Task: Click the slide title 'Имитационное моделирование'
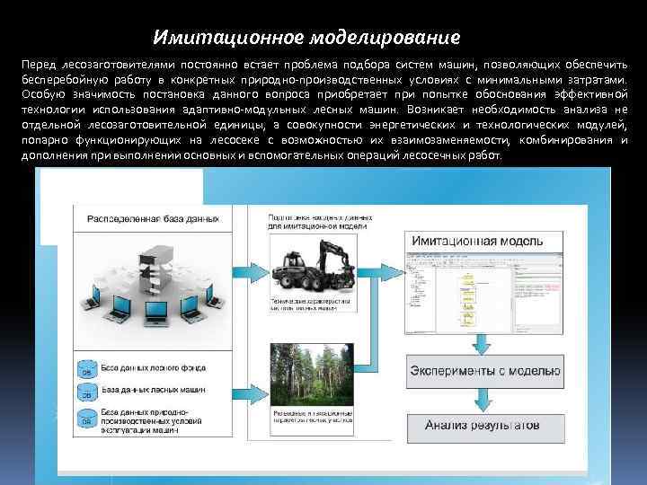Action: [x=306, y=39]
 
